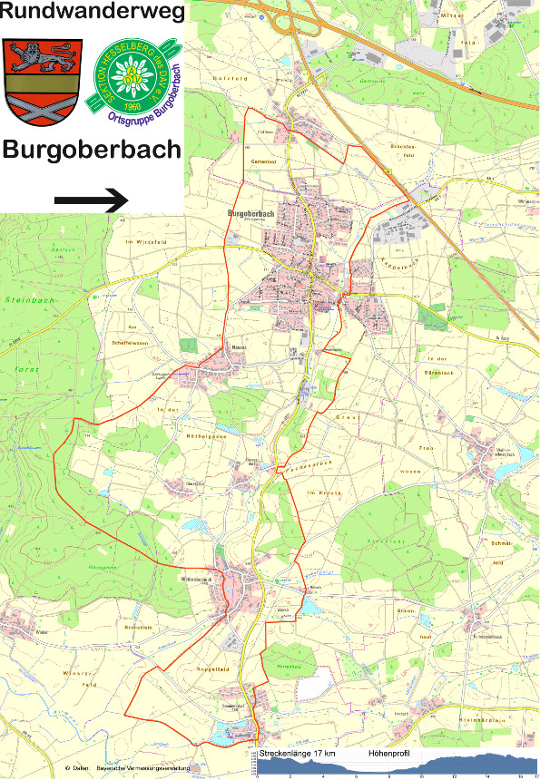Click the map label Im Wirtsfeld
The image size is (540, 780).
point(142,243)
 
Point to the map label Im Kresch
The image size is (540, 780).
point(323,491)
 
